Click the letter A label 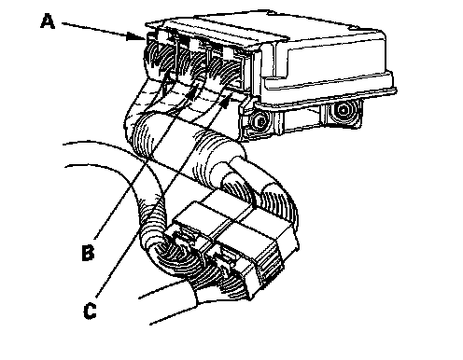point(48,21)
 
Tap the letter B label point(88,253)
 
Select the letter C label point(90,311)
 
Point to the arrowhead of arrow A point(136,36)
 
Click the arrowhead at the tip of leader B point(194,90)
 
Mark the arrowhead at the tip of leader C point(227,99)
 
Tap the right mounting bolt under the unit point(344,110)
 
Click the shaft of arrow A point(94,30)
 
